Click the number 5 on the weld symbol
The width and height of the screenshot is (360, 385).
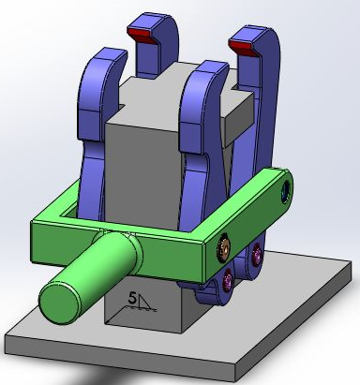tap(133, 302)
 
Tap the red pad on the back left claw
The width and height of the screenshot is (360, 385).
tap(142, 35)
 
